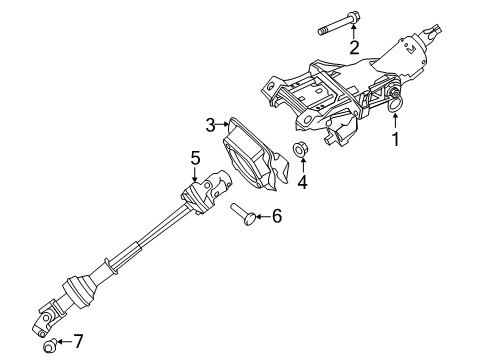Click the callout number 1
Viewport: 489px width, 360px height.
coord(396,139)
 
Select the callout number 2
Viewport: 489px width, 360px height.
coord(354,47)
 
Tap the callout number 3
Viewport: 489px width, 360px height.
coord(210,125)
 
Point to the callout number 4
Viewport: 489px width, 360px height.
coord(302,182)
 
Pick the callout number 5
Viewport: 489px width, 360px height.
coord(195,158)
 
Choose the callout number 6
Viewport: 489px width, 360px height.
coord(277,216)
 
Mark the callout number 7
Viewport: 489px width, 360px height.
coord(78,341)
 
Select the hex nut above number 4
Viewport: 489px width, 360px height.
coord(299,149)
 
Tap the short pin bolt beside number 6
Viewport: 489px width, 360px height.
coord(243,214)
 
